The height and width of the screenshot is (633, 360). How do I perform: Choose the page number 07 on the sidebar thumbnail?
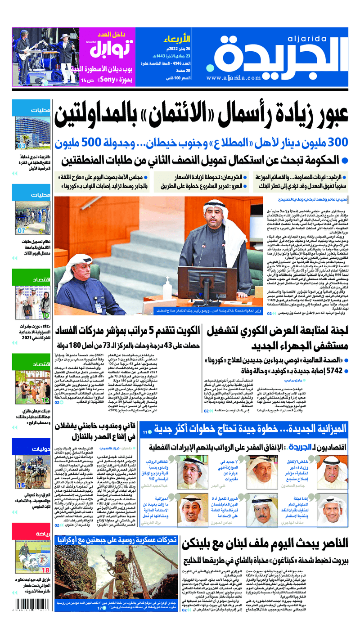click(22, 231)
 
